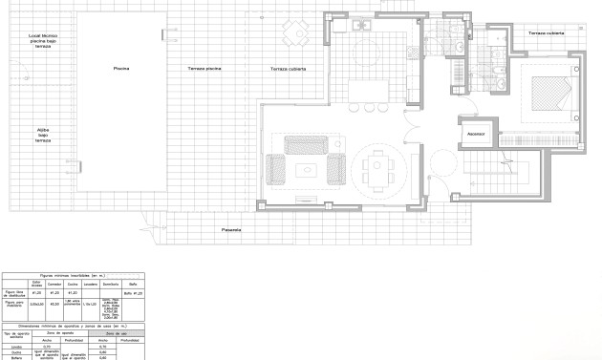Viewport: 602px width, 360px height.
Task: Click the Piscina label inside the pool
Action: [121, 69]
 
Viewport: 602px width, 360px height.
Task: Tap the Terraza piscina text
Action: [204, 69]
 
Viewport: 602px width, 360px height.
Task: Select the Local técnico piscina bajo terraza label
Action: [42, 40]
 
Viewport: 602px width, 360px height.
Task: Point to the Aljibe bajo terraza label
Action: [43, 134]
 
